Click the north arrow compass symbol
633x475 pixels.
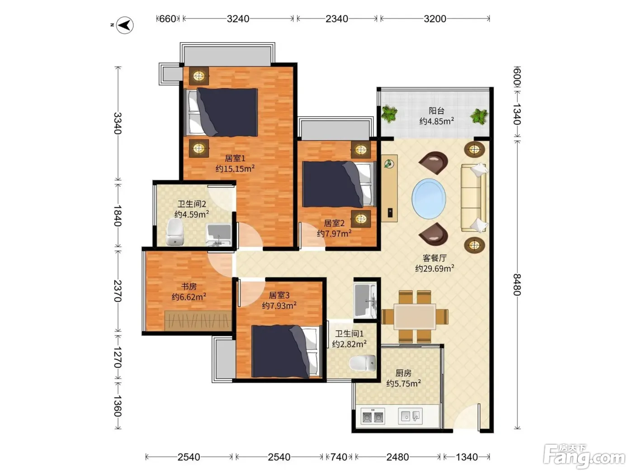125,25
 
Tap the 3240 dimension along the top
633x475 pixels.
238,19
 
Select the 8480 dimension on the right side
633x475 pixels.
517,285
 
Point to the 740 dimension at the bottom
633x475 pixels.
339,457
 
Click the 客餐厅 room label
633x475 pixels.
435,257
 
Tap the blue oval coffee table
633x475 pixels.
429,199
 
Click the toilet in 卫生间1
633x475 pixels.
363,363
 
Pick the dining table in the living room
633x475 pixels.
415,317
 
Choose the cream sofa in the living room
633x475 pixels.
473,198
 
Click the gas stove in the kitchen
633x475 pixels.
373,417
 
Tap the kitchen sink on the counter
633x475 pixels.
410,416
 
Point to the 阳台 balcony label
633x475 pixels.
436,111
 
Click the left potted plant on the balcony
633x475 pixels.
389,114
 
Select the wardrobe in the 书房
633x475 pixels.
198,321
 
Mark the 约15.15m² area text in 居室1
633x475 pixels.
235,168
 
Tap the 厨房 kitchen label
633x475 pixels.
403,373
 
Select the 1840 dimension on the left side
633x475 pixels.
118,216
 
